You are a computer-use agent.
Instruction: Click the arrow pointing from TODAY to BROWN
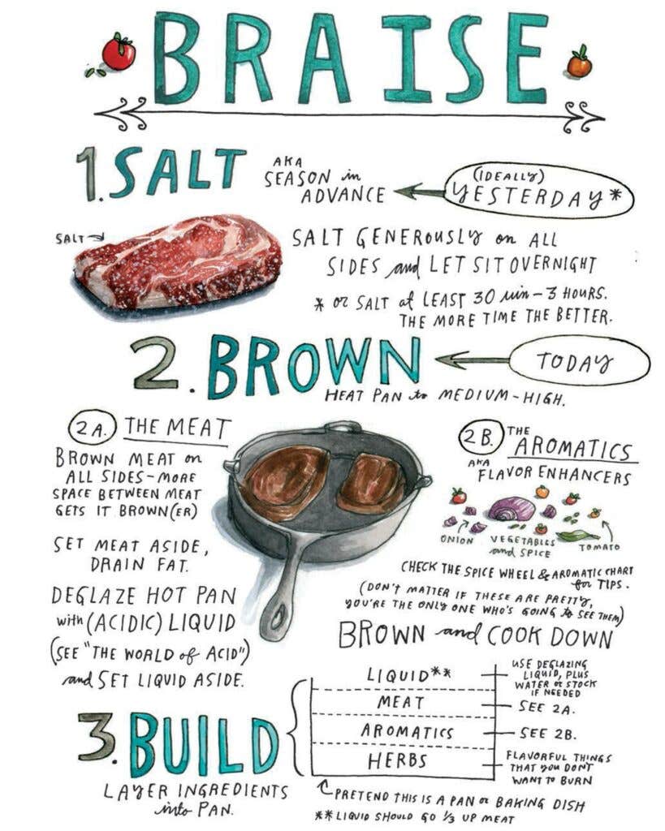click(x=472, y=361)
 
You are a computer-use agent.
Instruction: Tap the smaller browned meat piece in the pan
click(x=372, y=484)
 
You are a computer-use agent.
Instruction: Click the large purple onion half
click(x=512, y=509)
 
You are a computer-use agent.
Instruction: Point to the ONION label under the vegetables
click(x=457, y=540)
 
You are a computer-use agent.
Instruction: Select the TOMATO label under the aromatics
click(x=599, y=546)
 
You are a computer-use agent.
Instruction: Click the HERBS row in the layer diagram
click(x=398, y=761)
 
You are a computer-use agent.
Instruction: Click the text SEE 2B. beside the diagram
click(x=547, y=734)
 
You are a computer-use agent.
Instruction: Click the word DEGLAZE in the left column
click(x=93, y=596)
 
